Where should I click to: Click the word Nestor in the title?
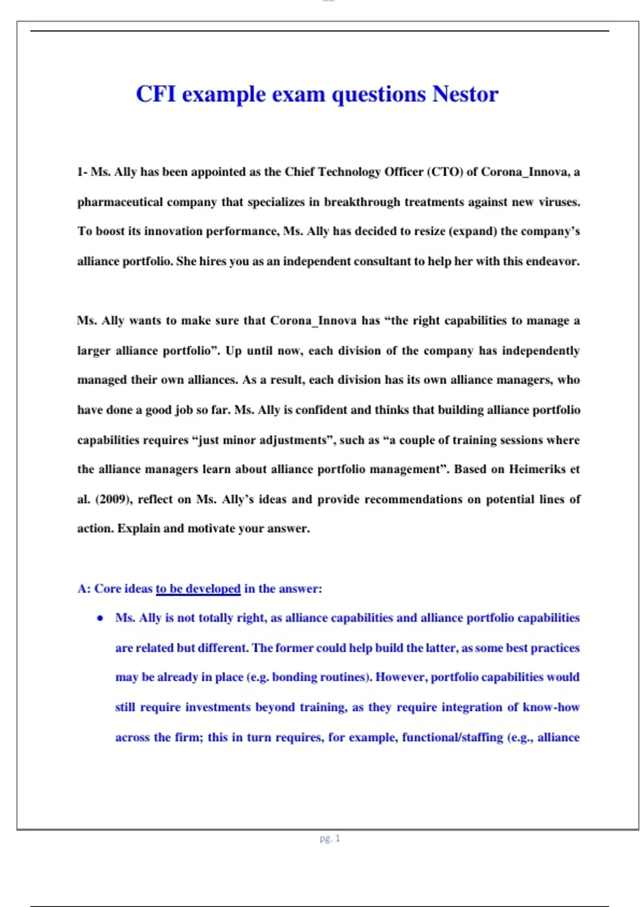click(465, 94)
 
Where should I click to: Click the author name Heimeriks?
click(537, 470)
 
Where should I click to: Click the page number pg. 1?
click(330, 838)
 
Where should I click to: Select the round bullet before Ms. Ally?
click(100, 618)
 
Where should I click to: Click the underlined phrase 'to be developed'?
click(198, 588)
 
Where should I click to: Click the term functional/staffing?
click(452, 737)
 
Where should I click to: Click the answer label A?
click(84, 588)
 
